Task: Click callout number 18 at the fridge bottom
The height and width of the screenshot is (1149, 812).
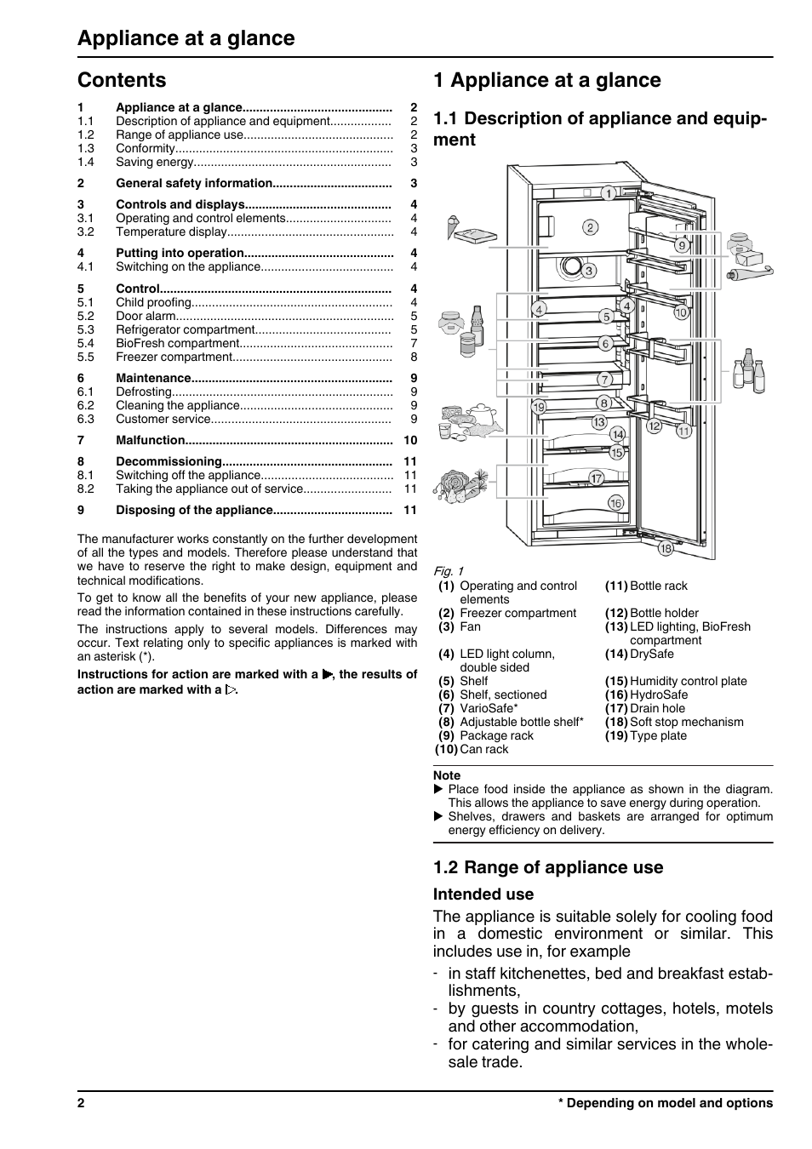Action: pos(666,549)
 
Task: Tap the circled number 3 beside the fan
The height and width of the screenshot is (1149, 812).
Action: pos(589,271)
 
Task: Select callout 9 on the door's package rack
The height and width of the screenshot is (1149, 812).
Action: pos(682,245)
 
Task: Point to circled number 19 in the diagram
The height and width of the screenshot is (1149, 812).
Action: pos(539,407)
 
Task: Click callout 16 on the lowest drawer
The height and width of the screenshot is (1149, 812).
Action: pos(615,503)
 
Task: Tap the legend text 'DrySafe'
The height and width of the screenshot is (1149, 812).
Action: pos(651,654)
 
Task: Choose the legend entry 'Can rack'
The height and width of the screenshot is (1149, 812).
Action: pos(483,749)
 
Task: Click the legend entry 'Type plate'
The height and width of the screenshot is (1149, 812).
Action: pos(658,735)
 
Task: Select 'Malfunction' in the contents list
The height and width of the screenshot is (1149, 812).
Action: pos(151,440)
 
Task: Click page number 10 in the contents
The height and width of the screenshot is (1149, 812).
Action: pos(410,440)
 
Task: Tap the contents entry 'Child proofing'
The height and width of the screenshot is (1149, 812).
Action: pos(153,302)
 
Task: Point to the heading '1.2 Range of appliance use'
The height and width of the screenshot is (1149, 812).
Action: pos(547,866)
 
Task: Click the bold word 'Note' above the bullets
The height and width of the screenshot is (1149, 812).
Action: pos(446,775)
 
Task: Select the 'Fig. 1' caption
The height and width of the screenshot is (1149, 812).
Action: pos(448,571)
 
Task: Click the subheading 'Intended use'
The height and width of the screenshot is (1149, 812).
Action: pos(483,894)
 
